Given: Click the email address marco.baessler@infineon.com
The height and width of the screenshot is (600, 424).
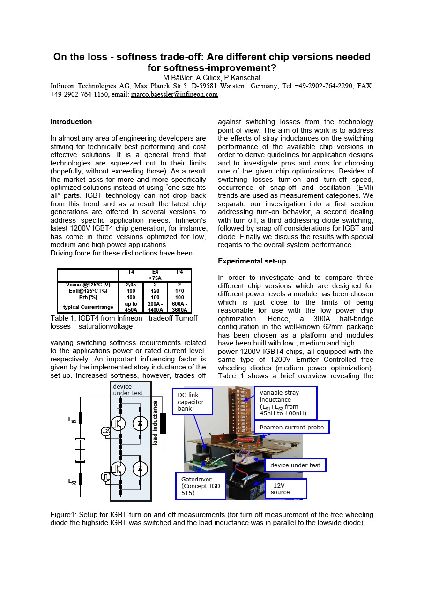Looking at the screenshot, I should (x=174, y=95).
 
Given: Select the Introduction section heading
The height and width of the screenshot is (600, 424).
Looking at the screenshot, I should (x=71, y=122).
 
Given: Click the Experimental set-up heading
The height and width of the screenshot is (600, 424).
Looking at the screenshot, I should (x=252, y=261).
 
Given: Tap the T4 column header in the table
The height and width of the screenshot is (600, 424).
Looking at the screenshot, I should (x=131, y=272).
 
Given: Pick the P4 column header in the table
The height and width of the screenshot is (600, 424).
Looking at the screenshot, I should (x=179, y=272).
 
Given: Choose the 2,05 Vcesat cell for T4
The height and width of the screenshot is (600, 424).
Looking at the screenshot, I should (x=131, y=285).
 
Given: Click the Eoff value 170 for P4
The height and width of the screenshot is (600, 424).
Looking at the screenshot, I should (x=179, y=291).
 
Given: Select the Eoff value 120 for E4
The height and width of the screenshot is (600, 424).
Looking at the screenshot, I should (x=155, y=291).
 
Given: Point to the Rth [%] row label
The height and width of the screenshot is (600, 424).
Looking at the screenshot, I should (x=88, y=297).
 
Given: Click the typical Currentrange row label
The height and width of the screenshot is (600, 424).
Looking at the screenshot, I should (x=88, y=307).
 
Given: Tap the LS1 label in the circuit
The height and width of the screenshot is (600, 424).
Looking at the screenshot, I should (x=72, y=421).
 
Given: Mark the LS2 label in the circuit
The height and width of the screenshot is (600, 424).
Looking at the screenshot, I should (x=72, y=481).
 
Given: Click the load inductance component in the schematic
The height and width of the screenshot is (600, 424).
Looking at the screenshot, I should (x=163, y=423).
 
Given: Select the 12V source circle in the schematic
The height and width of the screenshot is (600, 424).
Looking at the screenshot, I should (x=105, y=431).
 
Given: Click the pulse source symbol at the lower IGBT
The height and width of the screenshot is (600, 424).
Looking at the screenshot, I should (x=105, y=477).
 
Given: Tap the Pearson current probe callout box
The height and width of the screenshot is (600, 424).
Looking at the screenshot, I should (x=291, y=427).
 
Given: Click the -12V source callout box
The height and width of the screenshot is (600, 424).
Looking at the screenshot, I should (x=286, y=488).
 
